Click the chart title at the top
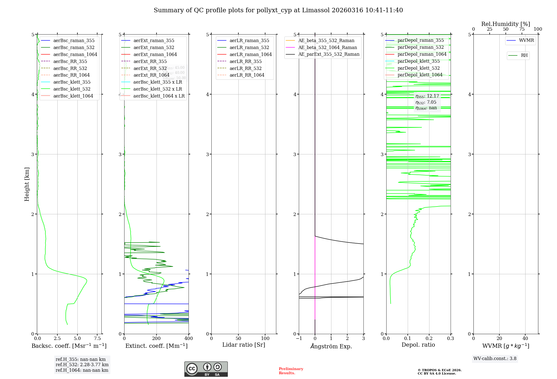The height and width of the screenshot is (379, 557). click(278, 10)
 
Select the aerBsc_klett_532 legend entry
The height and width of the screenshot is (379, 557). click(72, 89)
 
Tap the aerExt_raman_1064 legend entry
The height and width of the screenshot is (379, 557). click(155, 54)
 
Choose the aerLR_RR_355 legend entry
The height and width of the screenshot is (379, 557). click(245, 61)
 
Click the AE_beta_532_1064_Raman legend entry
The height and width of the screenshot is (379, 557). click(328, 47)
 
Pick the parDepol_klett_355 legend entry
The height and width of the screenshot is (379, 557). click(419, 61)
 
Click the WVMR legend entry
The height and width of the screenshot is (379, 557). click(526, 40)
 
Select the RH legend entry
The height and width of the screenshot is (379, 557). click(524, 55)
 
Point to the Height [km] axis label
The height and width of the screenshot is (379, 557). click(27, 184)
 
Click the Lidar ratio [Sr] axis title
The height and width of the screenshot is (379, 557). click(244, 345)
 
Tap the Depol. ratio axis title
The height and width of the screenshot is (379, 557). click(418, 345)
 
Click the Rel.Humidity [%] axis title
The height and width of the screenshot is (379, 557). click(505, 24)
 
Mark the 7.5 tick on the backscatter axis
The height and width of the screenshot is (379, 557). click(97, 339)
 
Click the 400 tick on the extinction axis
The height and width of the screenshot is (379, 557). click(189, 339)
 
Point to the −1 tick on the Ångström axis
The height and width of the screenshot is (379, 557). click(299, 339)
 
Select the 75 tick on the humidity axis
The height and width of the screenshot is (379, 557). click(522, 29)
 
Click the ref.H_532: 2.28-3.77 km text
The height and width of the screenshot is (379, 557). click(82, 365)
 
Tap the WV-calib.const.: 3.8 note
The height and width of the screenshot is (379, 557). click(495, 359)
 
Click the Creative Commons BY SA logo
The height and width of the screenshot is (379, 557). click(206, 369)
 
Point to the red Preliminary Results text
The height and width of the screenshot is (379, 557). click(291, 371)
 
